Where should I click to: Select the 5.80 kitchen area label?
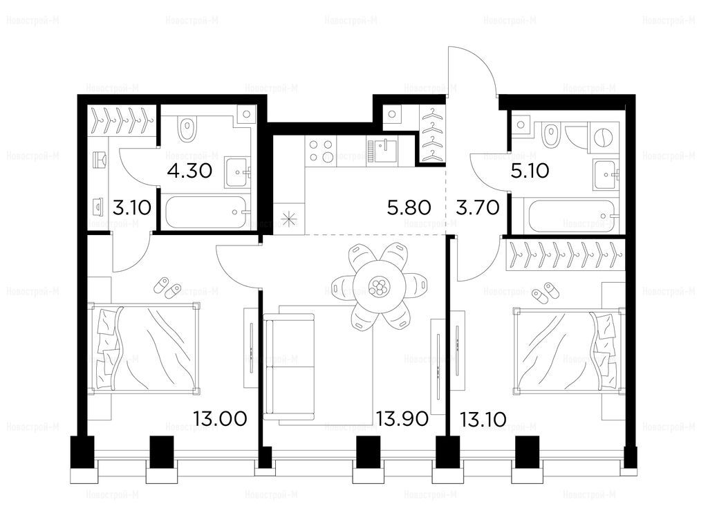click(x=409, y=206)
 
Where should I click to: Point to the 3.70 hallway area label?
click(x=478, y=206)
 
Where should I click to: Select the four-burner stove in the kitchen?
click(x=322, y=152)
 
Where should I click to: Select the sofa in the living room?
click(x=290, y=367)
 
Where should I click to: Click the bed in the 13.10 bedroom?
click(x=563, y=349)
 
